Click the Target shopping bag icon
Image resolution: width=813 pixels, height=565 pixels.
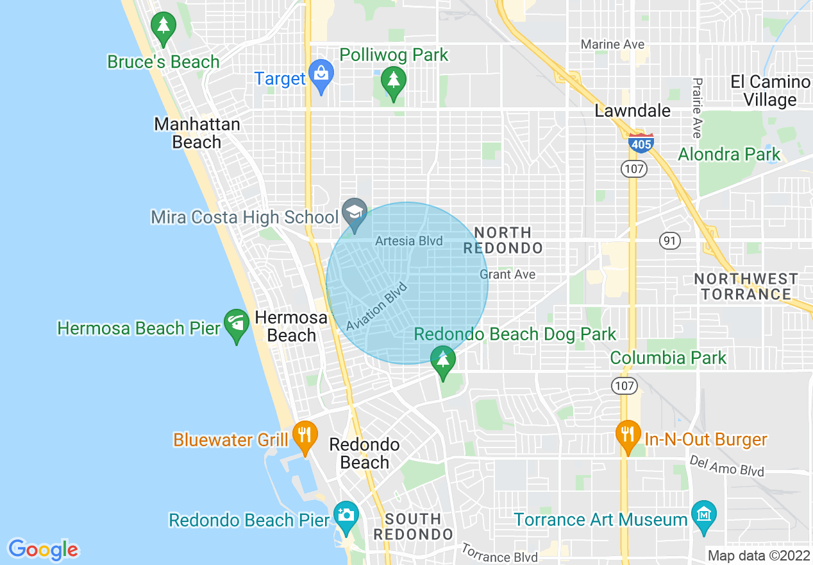[x=320, y=75]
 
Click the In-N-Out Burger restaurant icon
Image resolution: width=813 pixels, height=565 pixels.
[x=628, y=435]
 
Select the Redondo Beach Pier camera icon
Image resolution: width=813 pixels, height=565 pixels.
[x=346, y=516]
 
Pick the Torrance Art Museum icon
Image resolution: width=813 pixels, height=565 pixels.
[x=704, y=516]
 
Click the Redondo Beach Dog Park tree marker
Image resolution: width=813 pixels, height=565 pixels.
[x=442, y=360]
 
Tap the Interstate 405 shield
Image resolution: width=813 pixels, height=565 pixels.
[x=641, y=143]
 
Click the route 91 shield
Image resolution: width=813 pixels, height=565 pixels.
[x=669, y=241]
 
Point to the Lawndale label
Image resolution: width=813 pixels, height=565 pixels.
[x=632, y=110]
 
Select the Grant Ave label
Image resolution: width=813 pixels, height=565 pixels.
[x=507, y=275]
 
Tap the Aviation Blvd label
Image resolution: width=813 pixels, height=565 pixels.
[x=376, y=307]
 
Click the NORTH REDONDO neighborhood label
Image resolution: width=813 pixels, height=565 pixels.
[x=503, y=240]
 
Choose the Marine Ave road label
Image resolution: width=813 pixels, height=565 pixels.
[x=612, y=44]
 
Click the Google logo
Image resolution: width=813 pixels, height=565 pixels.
[x=43, y=550]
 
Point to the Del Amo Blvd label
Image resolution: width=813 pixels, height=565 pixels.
[x=726, y=466]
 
